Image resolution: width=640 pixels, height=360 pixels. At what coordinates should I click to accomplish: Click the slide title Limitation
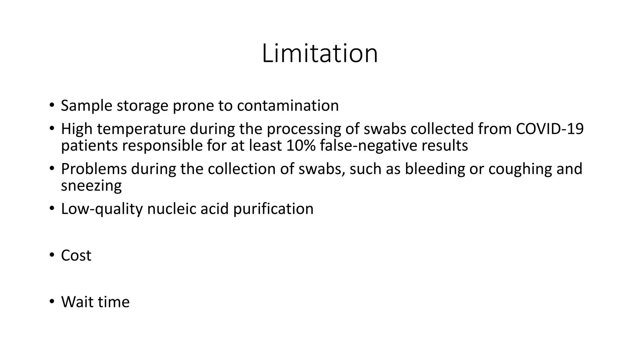click(320, 53)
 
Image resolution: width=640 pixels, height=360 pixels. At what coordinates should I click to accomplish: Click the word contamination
click(288, 106)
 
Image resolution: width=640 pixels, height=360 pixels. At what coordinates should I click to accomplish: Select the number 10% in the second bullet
click(301, 146)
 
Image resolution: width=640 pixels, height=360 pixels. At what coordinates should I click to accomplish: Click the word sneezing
click(91, 186)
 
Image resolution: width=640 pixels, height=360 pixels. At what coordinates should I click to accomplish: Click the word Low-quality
click(102, 209)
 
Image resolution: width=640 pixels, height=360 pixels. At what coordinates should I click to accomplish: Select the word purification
click(273, 209)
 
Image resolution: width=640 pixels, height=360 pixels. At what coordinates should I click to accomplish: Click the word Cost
click(76, 256)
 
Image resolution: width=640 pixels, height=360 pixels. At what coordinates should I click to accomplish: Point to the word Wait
click(77, 302)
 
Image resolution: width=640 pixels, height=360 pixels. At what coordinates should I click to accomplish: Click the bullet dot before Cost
click(52, 255)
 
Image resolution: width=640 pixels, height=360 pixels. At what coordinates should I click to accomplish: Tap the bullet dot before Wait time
click(52, 302)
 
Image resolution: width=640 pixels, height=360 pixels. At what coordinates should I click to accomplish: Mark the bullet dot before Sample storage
click(52, 105)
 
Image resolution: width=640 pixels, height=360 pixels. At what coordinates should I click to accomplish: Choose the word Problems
click(94, 169)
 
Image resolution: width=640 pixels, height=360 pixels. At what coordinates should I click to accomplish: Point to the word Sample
click(87, 106)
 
